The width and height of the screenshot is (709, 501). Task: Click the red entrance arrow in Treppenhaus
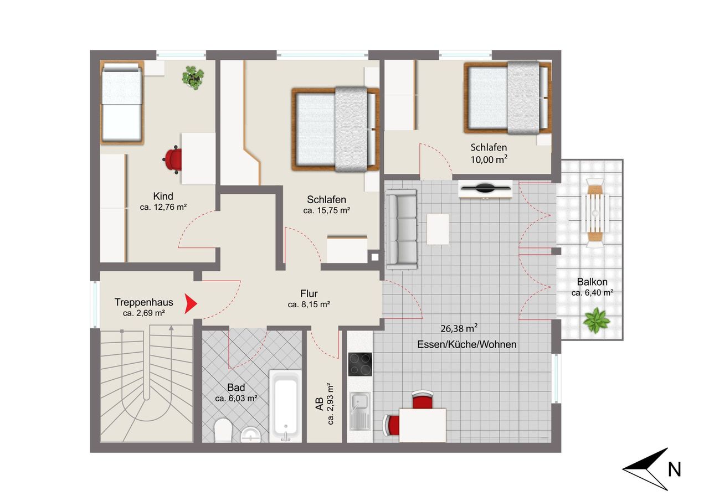tap(191, 304)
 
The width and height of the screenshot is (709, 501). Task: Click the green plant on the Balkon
tap(596, 320)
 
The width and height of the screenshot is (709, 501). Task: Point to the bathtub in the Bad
tap(285, 406)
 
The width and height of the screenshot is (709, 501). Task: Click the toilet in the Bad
tap(223, 430)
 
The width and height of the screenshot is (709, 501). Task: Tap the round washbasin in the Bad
tap(250, 435)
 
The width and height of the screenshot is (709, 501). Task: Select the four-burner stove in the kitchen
tap(360, 364)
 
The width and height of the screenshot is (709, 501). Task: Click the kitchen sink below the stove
tap(360, 411)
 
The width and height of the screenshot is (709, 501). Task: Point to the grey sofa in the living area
tap(401, 230)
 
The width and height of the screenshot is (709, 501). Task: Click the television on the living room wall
tap(485, 188)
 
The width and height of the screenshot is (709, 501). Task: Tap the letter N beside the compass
tap(674, 469)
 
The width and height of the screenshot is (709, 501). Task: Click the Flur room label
tap(309, 293)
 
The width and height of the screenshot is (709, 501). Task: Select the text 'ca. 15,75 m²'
tap(326, 210)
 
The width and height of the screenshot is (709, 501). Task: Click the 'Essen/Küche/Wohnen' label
tap(466, 344)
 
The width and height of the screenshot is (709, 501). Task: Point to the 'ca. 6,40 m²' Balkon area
tap(592, 293)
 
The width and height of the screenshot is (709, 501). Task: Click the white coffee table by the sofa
tap(438, 229)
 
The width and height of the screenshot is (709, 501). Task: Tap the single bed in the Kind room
tap(122, 102)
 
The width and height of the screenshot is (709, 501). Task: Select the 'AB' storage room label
tap(320, 404)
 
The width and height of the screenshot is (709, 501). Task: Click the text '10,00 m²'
tap(489, 159)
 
